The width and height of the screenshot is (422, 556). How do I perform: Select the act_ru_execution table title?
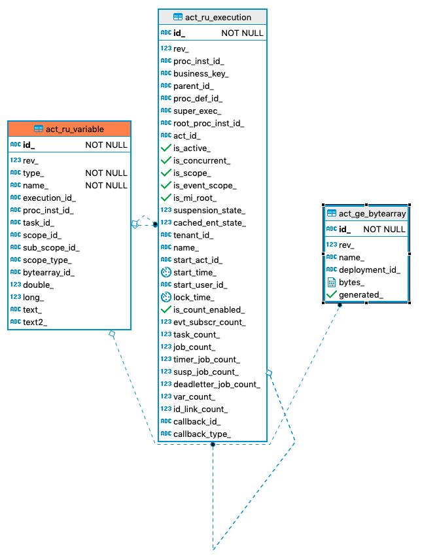[213, 17]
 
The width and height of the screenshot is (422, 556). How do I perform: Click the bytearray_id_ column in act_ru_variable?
[48, 272]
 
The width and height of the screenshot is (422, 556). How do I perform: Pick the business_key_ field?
[201, 73]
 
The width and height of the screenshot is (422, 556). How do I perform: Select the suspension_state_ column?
[209, 210]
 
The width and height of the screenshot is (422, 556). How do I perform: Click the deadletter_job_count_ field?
[217, 384]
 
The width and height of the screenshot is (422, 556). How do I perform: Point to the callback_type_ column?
[202, 434]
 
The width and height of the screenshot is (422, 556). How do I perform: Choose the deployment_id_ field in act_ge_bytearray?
[369, 269]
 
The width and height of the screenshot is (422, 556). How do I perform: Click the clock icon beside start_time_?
[166, 272]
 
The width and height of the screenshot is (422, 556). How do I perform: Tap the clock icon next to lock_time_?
[166, 297]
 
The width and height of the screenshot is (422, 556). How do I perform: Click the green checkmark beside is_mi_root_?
[166, 198]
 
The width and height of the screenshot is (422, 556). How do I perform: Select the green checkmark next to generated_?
[331, 294]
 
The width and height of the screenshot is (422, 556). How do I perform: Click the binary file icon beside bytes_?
[331, 282]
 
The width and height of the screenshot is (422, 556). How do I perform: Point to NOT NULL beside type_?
[106, 173]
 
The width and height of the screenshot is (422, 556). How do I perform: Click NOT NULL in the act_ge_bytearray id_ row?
[384, 229]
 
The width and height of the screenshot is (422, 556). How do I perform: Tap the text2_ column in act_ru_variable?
[35, 322]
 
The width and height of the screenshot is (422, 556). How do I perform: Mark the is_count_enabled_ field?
[209, 309]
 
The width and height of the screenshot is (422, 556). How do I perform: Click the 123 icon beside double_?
[16, 285]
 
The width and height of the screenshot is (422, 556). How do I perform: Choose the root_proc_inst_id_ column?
[209, 123]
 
